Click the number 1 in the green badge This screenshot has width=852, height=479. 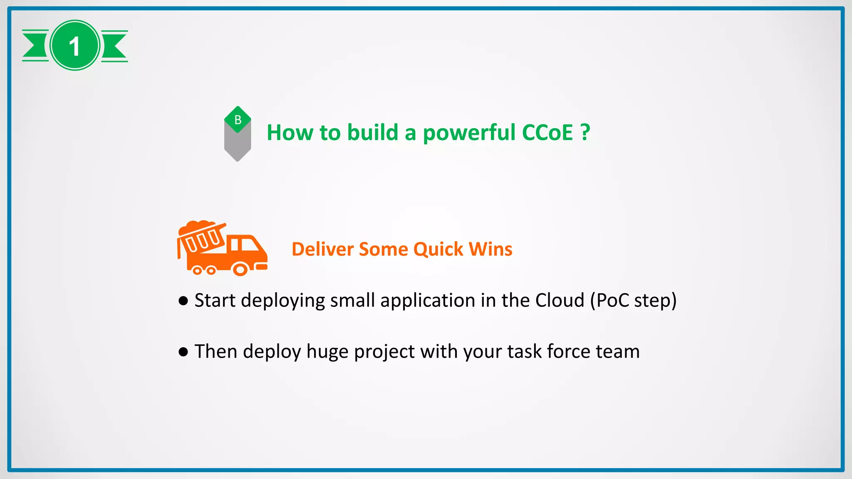coord(74,46)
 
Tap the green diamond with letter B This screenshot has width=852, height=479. coord(238,120)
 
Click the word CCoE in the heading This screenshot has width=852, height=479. coord(547,133)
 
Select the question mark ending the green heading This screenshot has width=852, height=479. coord(585,133)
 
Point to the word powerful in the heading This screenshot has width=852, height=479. coord(469,133)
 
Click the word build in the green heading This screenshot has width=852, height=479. coord(373,133)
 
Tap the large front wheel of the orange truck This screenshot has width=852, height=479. coord(240,269)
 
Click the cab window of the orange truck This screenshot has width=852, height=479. coord(249,244)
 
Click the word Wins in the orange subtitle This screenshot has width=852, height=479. coord(490,249)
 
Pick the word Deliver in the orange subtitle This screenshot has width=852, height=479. coord(323,249)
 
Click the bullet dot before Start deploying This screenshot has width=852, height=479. coord(183,301)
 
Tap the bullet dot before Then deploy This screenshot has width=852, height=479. coord(183,352)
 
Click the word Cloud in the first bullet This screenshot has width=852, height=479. coord(560,300)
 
